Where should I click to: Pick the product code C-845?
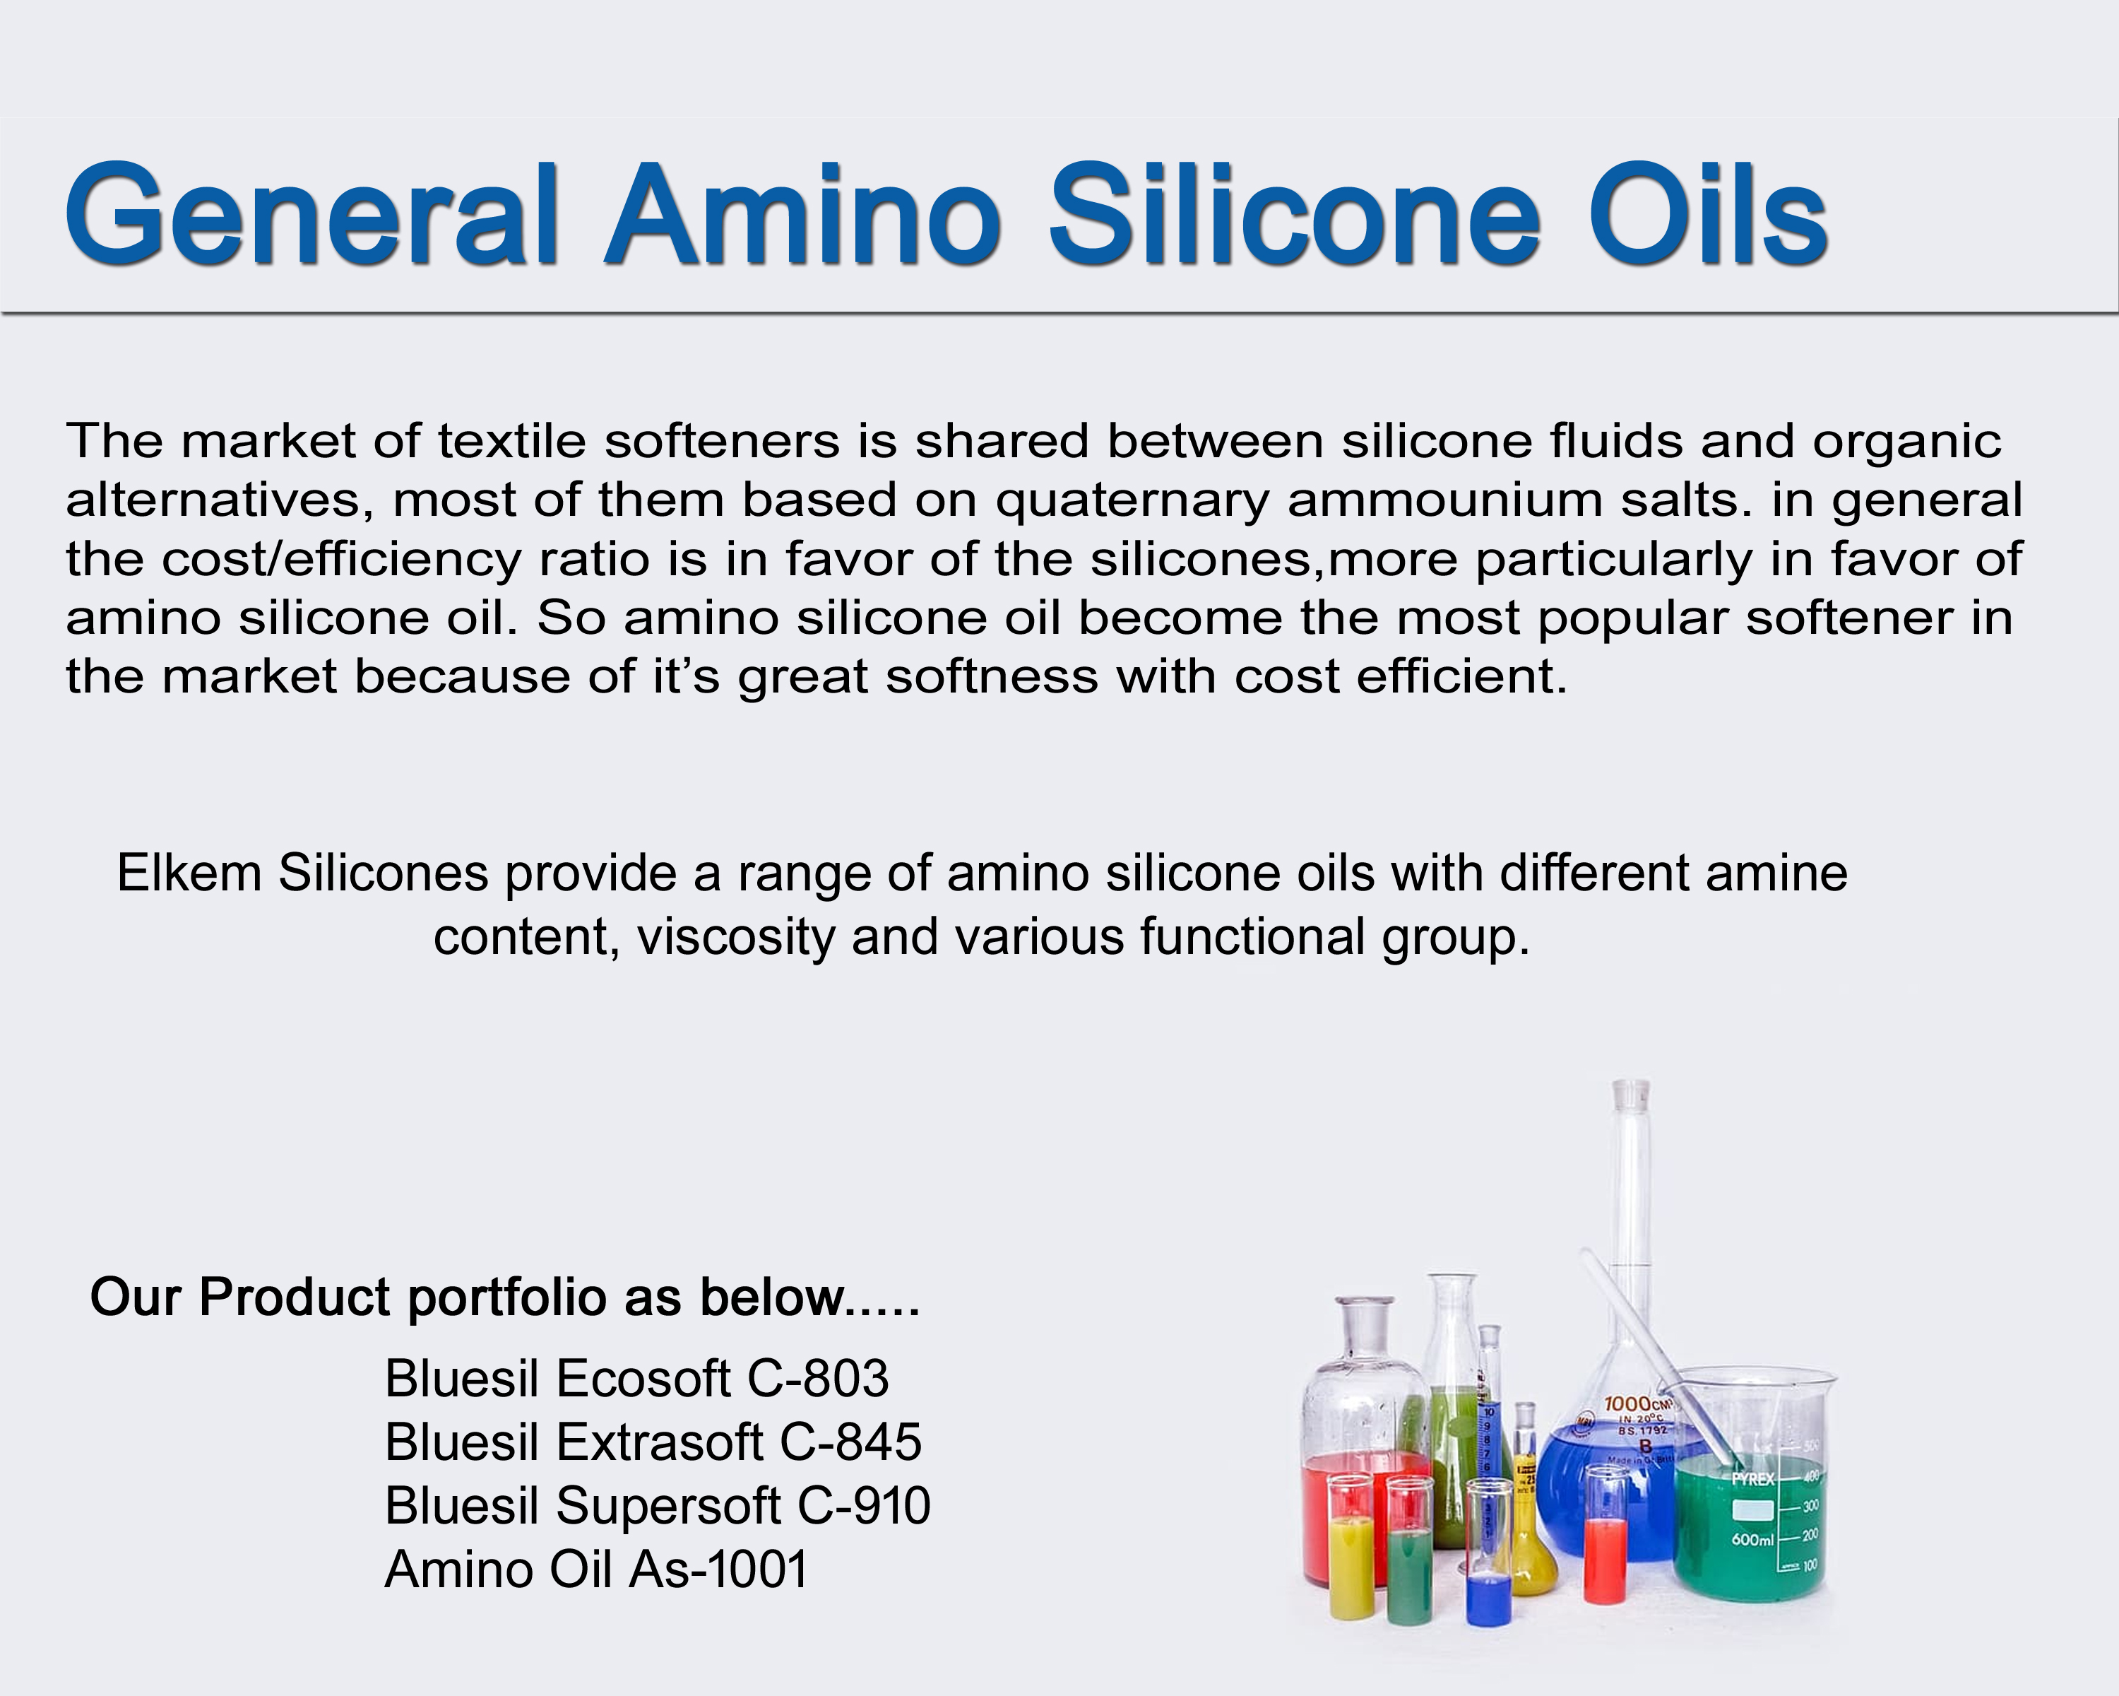850,1442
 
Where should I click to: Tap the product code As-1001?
718,1570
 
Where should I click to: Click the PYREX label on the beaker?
1752,1479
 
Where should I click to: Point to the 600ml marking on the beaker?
1752,1538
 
